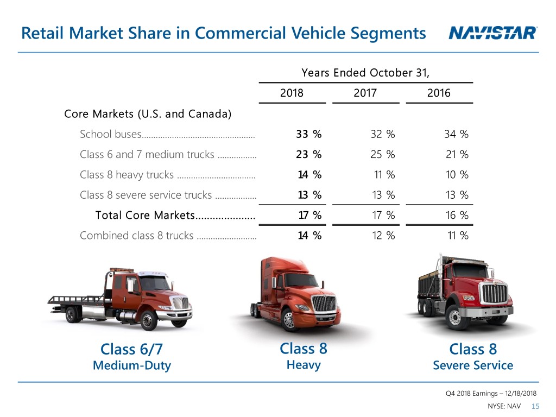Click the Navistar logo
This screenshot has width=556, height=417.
[493, 34]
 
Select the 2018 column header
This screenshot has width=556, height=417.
[292, 93]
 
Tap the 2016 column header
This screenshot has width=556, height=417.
[439, 93]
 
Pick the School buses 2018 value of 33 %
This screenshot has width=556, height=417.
[309, 134]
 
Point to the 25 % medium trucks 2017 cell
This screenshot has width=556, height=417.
[382, 155]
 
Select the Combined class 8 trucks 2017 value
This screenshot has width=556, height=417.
[382, 236]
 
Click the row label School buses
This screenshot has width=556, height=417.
[111, 134]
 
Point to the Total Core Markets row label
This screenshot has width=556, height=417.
[144, 216]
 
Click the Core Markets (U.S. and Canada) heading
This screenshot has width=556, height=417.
[148, 114]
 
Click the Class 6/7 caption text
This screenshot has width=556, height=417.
[131, 349]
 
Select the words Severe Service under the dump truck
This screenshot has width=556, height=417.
[472, 365]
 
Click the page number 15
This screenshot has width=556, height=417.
[535, 407]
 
